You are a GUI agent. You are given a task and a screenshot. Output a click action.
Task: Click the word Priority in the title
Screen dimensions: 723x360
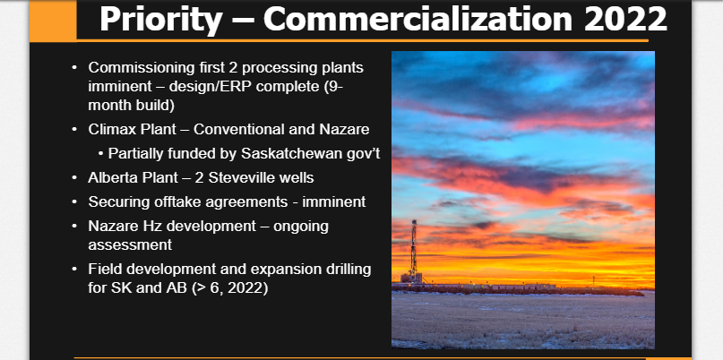point(160,21)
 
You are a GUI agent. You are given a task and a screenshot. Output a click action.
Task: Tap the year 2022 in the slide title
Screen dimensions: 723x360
point(624,19)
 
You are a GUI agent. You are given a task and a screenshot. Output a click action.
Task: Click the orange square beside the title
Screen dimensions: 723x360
point(53,21)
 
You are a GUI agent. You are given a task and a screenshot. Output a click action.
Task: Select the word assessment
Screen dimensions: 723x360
point(130,245)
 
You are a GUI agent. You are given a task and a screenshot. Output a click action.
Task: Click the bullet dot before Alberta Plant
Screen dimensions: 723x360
point(74,178)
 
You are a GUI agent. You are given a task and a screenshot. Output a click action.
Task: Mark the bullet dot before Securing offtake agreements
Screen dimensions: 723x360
point(74,201)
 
